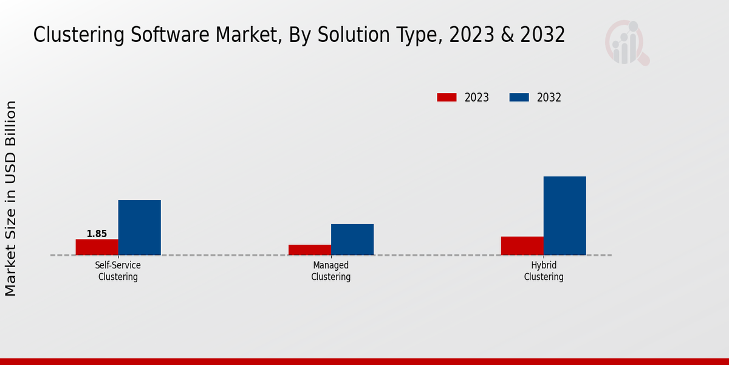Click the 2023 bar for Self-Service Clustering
[97, 247]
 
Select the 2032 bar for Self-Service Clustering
[140, 228]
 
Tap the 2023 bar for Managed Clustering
[310, 249]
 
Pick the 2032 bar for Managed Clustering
[352, 239]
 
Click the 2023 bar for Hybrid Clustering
[522, 246]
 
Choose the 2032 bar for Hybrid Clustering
[565, 215]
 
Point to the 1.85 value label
[97, 234]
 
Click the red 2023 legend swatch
[447, 97]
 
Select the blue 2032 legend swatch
[519, 97]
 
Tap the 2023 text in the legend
[477, 97]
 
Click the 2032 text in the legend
[549, 97]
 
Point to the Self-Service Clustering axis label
[118, 271]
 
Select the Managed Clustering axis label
[331, 271]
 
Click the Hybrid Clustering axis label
[544, 271]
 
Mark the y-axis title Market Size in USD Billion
[11, 198]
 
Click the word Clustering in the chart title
[70, 35]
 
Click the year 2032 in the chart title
[541, 35]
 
